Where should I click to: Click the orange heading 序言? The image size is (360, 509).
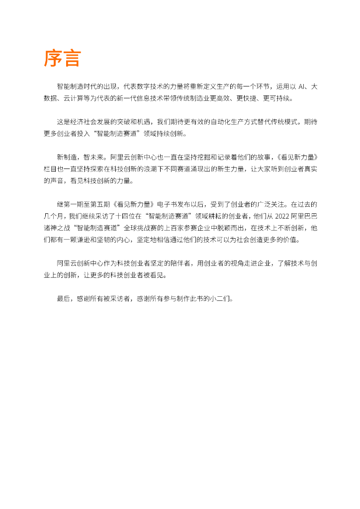click(x=62, y=58)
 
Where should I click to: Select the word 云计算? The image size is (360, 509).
click(x=74, y=98)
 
